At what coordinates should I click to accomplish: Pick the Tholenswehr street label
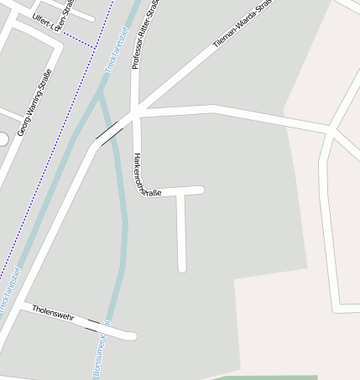click(x=54, y=314)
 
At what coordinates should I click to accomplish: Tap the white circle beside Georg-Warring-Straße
click(x=2, y=138)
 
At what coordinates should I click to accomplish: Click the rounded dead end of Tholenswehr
click(x=131, y=336)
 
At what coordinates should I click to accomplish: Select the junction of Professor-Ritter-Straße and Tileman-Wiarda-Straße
click(x=137, y=110)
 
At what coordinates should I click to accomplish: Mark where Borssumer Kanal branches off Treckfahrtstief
click(x=101, y=93)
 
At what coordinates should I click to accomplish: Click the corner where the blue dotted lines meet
click(x=92, y=44)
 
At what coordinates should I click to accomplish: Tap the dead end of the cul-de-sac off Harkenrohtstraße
click(x=181, y=268)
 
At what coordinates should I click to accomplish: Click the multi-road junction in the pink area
click(x=331, y=130)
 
